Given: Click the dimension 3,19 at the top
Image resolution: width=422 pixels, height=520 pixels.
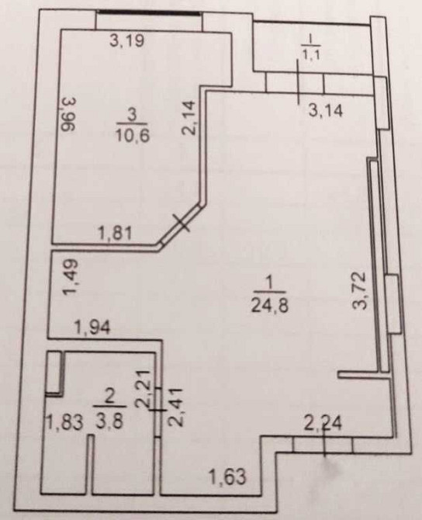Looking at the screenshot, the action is (x=127, y=40).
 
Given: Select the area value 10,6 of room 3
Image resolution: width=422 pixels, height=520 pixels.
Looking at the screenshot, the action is (x=133, y=135).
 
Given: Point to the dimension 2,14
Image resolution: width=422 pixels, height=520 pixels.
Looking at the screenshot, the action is (x=189, y=118).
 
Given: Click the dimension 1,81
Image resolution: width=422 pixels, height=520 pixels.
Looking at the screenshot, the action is (x=116, y=233).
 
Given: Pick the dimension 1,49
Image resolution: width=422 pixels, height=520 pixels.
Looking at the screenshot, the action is (x=71, y=277).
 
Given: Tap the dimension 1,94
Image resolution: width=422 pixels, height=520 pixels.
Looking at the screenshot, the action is (x=92, y=328).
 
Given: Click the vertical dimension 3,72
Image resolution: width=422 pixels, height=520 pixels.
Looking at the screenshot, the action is (x=359, y=290).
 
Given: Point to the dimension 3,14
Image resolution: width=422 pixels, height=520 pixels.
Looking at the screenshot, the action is (x=326, y=110).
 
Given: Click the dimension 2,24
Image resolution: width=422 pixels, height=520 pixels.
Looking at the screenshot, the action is (x=323, y=423).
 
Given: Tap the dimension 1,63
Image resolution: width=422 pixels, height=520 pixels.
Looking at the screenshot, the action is (x=227, y=477).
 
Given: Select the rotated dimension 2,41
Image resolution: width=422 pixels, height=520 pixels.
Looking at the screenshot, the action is (x=176, y=407).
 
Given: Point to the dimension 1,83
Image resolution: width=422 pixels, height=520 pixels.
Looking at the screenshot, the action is (x=64, y=423).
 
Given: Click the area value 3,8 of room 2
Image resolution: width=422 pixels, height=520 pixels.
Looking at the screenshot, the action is (x=109, y=422).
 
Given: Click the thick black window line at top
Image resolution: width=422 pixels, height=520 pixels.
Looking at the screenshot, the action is (x=149, y=12).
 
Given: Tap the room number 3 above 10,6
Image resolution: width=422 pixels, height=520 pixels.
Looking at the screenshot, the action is (x=132, y=115).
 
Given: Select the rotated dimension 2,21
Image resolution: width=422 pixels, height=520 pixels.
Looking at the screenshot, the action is (x=144, y=390).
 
